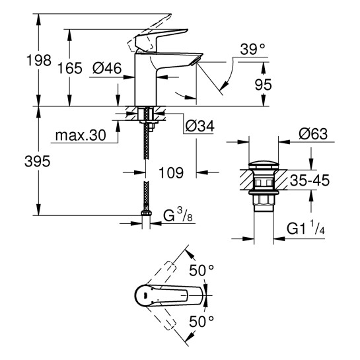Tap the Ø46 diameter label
(105, 67)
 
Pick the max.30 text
(80, 135)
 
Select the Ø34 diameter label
(201, 124)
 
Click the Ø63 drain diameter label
(312, 134)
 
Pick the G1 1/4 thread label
(308, 229)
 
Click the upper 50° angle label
(201, 270)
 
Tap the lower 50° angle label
(201, 322)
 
